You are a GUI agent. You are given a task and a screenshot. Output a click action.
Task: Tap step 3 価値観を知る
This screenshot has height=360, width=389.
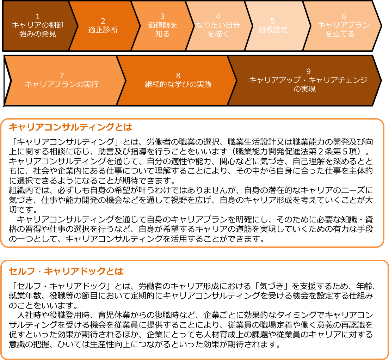[x=162, y=25]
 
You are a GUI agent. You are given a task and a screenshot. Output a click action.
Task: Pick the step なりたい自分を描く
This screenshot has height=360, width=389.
[x=218, y=25]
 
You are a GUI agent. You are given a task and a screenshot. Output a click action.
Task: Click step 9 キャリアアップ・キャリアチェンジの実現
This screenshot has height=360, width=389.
[x=308, y=80]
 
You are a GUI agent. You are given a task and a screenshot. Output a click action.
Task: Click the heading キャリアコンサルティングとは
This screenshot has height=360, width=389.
[x=70, y=127]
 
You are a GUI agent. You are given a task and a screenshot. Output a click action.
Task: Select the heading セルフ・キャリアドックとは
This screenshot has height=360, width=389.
[x=66, y=271]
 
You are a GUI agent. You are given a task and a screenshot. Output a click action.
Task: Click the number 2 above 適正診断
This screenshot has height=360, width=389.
[x=103, y=21]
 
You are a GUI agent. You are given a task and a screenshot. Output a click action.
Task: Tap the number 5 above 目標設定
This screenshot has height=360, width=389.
[x=273, y=21]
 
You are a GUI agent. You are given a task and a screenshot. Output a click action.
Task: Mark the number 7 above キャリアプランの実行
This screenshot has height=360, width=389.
[x=61, y=75]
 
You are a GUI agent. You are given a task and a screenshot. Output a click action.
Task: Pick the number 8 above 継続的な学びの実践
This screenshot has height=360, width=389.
[x=178, y=75]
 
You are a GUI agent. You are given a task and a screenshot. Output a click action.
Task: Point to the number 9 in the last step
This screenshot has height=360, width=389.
[x=308, y=71]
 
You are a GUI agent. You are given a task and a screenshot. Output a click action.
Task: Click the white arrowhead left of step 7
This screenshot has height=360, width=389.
[x=7, y=80]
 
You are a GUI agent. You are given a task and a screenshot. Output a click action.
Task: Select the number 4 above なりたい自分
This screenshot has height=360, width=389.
[x=218, y=16]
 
